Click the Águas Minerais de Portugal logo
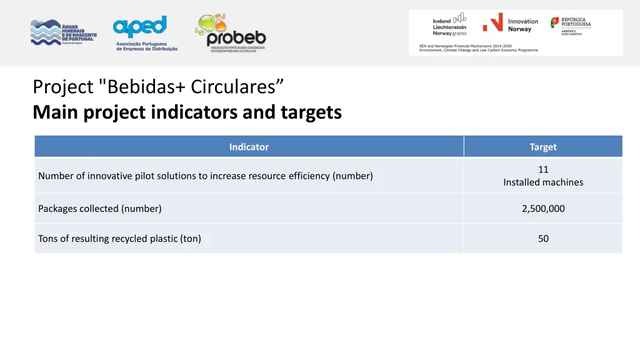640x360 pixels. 63,32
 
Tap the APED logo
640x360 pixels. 145,33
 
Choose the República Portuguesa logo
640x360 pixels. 571,26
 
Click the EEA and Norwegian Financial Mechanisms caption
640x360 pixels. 478,48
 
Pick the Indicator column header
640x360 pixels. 249,147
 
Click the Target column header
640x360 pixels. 542,147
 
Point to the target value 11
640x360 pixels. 543,169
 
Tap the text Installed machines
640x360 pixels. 543,182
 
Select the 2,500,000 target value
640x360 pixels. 543,209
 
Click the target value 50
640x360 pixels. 543,239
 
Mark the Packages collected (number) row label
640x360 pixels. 100,209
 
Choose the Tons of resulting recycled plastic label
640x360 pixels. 119,239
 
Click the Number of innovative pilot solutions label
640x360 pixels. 205,176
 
